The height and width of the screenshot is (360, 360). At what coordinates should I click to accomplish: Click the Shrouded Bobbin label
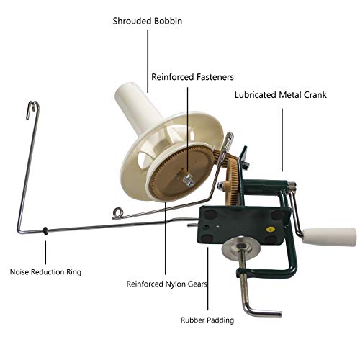click(148, 21)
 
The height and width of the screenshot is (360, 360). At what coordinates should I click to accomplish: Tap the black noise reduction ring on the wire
click(45, 231)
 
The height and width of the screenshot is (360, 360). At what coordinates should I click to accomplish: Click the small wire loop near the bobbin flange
click(118, 212)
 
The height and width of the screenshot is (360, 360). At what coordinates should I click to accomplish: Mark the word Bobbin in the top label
click(167, 21)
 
